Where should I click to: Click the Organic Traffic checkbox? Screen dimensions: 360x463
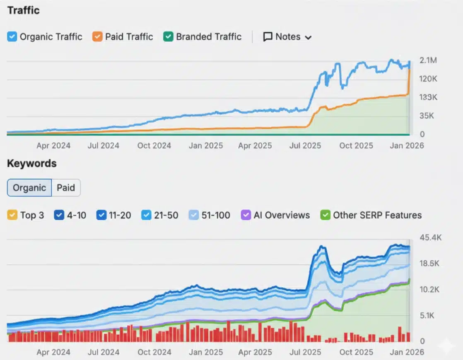pos(12,37)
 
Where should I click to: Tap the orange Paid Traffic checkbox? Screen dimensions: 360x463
pos(97,37)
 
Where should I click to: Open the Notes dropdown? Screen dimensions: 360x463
pos(287,37)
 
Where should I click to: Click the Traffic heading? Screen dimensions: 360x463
pos(23,10)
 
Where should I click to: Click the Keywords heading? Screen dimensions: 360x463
pos(31,163)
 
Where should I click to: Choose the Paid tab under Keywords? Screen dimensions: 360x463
pos(66,188)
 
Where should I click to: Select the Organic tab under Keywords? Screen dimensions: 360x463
pos(29,188)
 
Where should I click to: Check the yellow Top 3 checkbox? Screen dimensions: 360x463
pos(12,215)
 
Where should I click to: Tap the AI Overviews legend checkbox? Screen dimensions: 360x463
pos(246,215)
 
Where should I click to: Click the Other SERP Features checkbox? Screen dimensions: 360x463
pos(326,215)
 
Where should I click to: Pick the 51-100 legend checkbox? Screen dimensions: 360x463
pos(193,215)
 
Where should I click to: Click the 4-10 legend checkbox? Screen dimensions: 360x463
pos(59,215)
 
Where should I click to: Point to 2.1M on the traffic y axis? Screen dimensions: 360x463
pos(428,60)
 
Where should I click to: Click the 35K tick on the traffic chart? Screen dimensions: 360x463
pos(427,116)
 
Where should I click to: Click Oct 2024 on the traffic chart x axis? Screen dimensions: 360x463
pos(154,146)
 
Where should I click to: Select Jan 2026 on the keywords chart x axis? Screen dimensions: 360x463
pos(407,352)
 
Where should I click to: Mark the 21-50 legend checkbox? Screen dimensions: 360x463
pos(146,215)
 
